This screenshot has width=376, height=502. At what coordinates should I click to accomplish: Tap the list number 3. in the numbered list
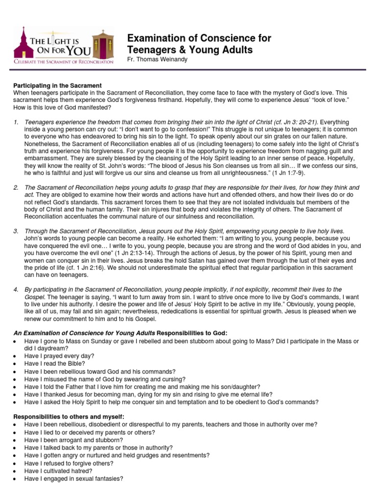point(16,230)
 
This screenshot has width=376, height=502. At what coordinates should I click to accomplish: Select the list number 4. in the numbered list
point(16,290)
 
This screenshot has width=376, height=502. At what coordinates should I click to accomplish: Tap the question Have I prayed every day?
point(59,355)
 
